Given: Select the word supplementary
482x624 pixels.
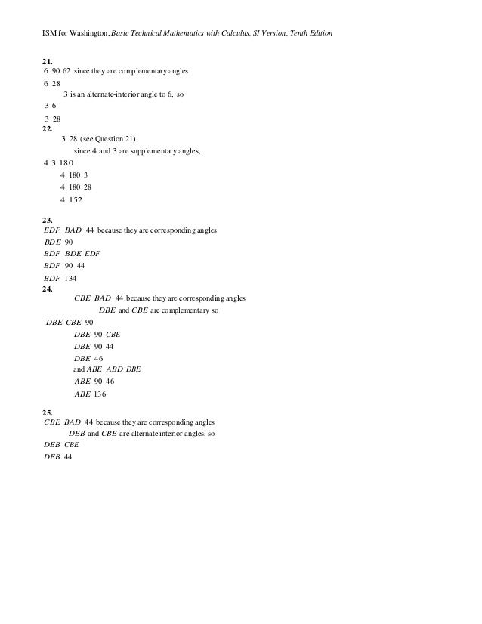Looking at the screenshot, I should click(158, 151).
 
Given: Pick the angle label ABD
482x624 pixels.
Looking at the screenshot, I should click(116, 369).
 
